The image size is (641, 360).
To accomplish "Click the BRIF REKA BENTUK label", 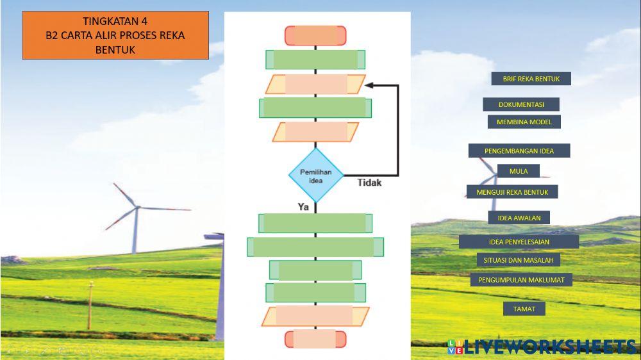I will click(531, 79).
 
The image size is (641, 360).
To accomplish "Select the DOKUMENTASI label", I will click(521, 104).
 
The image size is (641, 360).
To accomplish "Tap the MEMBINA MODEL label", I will click(524, 122).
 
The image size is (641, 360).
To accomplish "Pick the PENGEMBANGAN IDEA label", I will click(519, 151).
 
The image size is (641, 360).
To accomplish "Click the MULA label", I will click(518, 171).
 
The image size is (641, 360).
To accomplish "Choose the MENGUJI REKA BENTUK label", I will click(512, 192).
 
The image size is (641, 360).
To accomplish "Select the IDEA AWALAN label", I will click(519, 218).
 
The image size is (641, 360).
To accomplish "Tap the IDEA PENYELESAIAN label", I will click(519, 241).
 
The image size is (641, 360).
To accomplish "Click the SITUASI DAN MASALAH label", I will click(518, 260).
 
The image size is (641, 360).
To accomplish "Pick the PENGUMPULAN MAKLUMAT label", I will click(520, 280).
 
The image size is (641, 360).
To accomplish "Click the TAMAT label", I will click(524, 309).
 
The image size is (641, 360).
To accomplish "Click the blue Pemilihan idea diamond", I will click(316, 176).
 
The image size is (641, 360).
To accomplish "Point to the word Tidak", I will click(369, 183).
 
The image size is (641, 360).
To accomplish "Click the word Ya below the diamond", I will click(303, 207).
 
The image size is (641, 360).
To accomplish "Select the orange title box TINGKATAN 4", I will click(115, 35).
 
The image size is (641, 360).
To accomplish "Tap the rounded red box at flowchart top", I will click(315, 35).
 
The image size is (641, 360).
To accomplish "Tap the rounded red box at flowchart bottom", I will click(315, 339).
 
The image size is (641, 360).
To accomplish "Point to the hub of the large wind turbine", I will click(137, 207).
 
